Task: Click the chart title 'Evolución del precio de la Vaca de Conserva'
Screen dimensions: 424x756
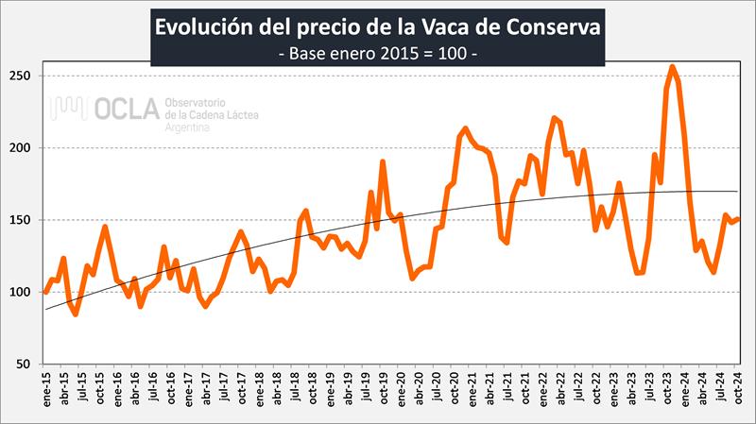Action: [377, 25]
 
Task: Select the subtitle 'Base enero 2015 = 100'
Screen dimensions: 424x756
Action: [377, 54]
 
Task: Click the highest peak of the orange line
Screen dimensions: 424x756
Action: [672, 67]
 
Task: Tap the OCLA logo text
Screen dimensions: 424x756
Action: [127, 110]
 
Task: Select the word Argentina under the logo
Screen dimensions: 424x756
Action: [187, 126]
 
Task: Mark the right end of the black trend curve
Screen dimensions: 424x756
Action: [738, 192]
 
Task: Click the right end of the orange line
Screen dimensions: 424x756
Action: [738, 219]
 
